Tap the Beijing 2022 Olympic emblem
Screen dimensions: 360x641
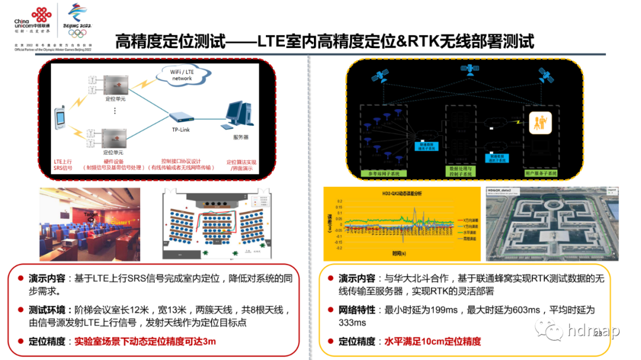[80, 19]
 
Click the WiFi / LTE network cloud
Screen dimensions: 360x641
[182, 74]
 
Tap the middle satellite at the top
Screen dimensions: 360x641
[470, 69]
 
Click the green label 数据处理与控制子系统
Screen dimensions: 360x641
[462, 171]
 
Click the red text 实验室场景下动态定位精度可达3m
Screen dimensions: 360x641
[145, 342]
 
